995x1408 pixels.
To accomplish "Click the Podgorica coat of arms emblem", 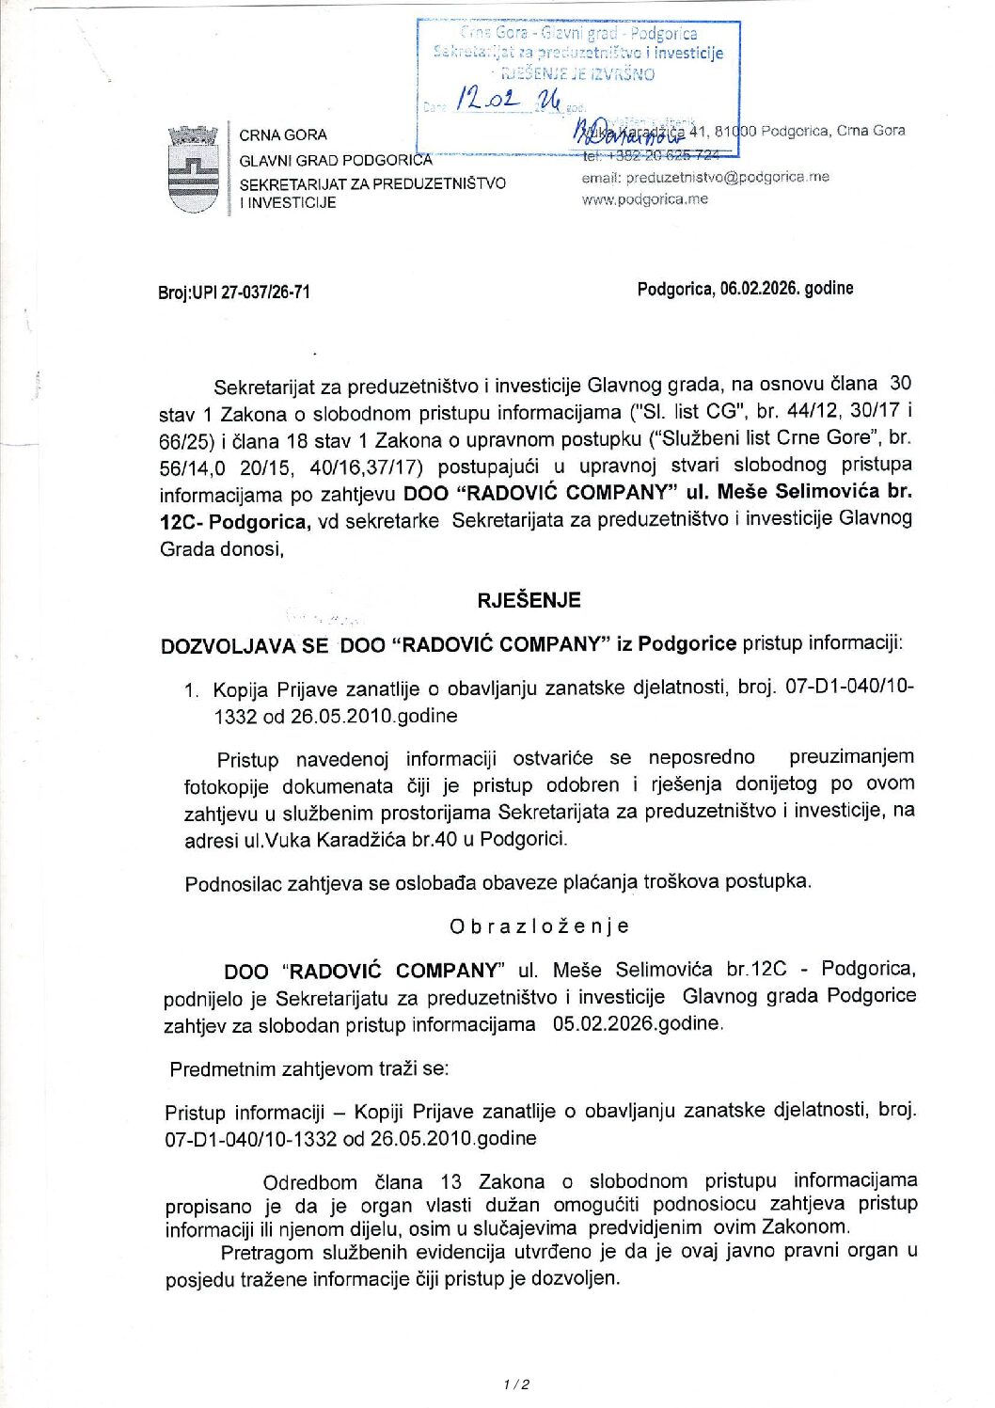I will (193, 170).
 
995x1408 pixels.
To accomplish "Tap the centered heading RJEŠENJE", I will (529, 600).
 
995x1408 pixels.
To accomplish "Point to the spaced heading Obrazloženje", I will (539, 926).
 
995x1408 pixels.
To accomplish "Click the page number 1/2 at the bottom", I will (516, 1384).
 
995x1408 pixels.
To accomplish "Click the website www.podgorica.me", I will (644, 199).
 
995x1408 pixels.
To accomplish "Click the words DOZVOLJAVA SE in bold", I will (245, 645).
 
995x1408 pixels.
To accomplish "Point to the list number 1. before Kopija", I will (191, 690).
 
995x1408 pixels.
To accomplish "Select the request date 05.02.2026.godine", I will (639, 1023).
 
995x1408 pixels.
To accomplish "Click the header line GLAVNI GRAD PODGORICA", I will (335, 160).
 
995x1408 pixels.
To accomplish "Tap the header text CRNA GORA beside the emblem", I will (283, 135).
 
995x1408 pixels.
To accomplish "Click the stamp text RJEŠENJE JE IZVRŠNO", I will (578, 74).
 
